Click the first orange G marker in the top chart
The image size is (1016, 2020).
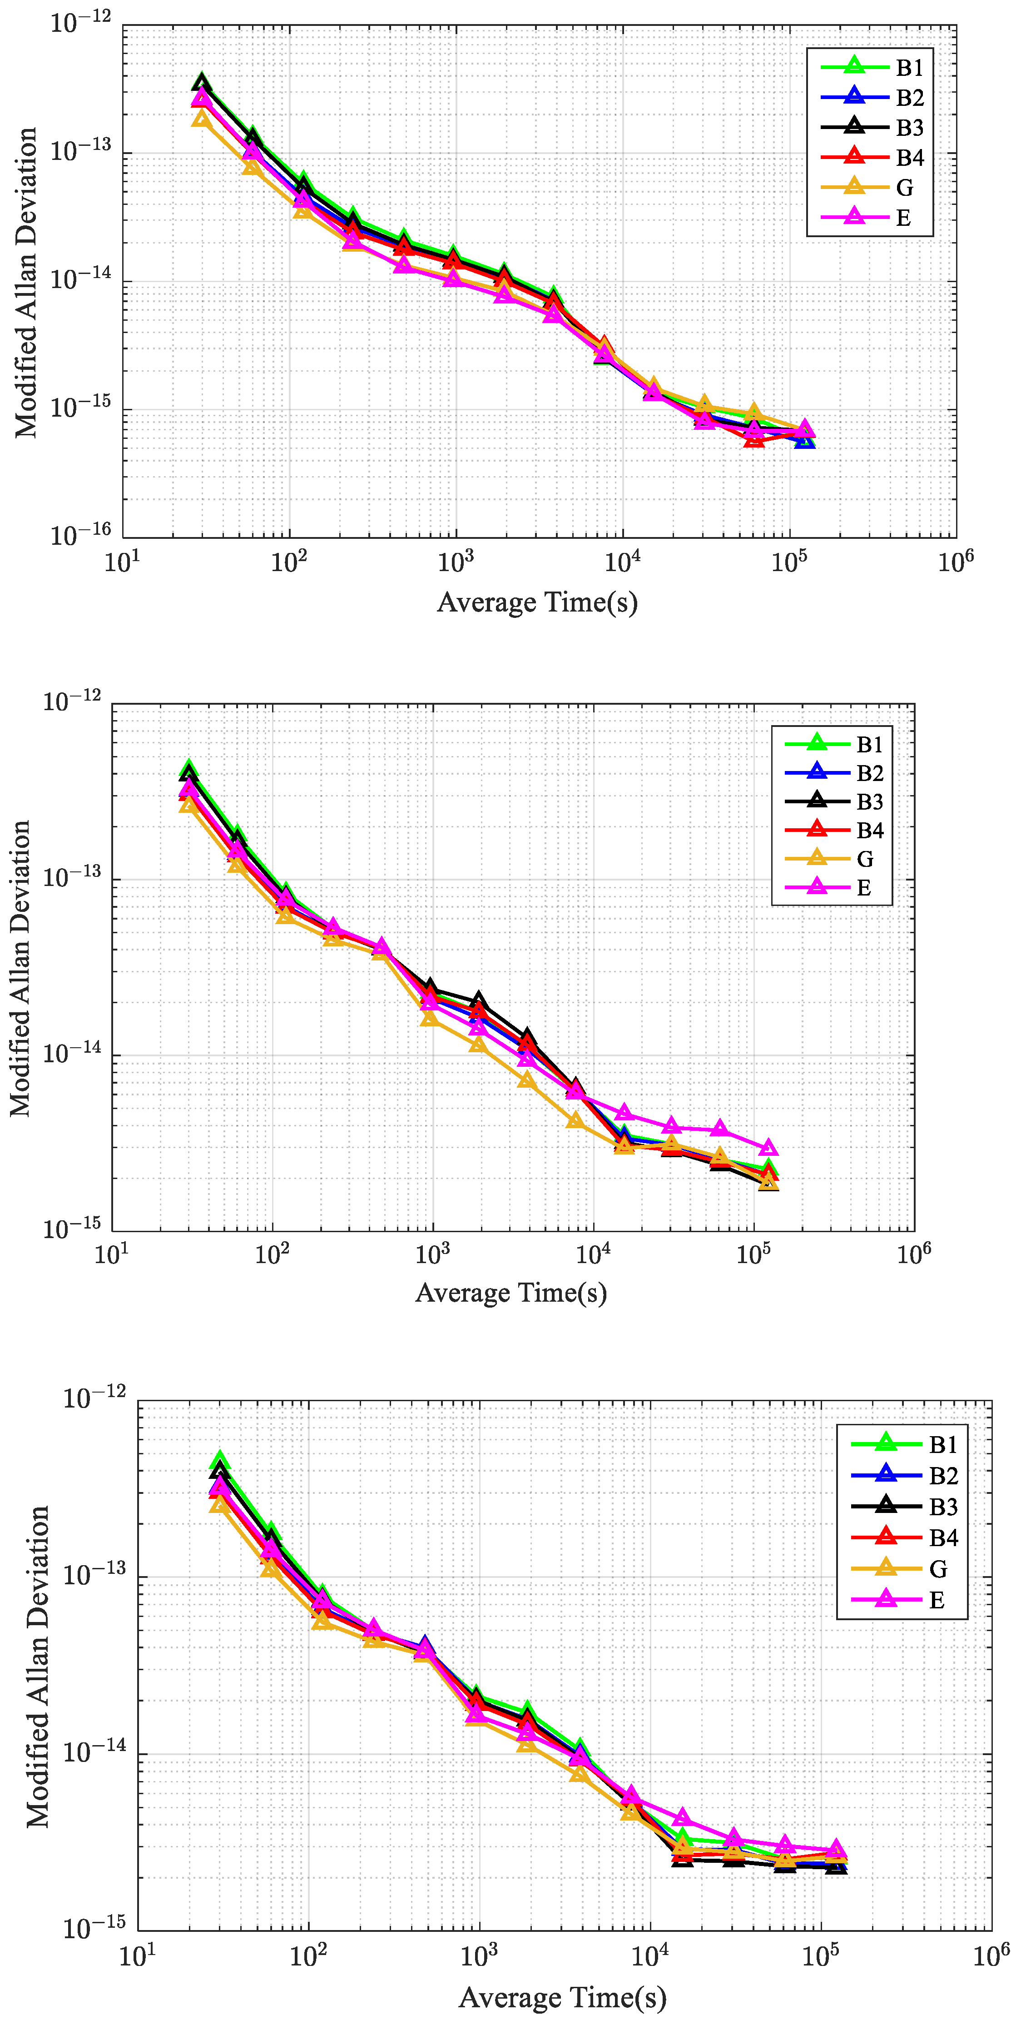[202, 119]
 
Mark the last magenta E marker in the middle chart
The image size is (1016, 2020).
[769, 1149]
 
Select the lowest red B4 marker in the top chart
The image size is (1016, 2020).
[754, 440]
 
